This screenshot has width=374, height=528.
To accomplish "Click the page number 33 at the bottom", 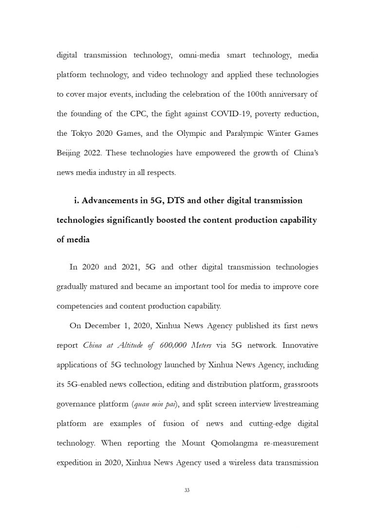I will click(187, 490).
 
